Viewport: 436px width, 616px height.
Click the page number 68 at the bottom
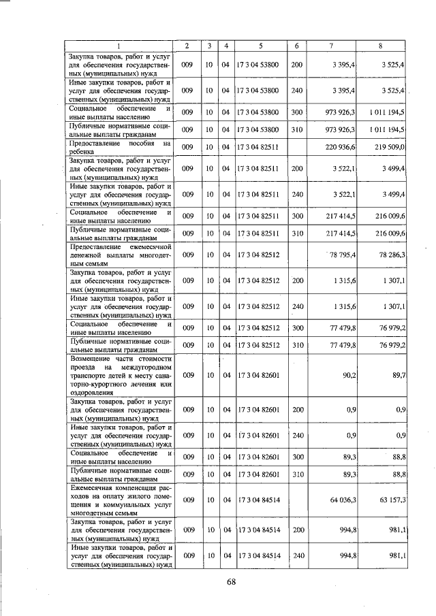click(231, 581)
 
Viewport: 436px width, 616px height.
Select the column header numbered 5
click(260, 46)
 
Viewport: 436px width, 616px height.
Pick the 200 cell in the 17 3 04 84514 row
click(296, 529)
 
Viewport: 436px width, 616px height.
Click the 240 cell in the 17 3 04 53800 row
click(296, 90)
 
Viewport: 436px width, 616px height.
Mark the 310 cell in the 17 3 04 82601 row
click(296, 474)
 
